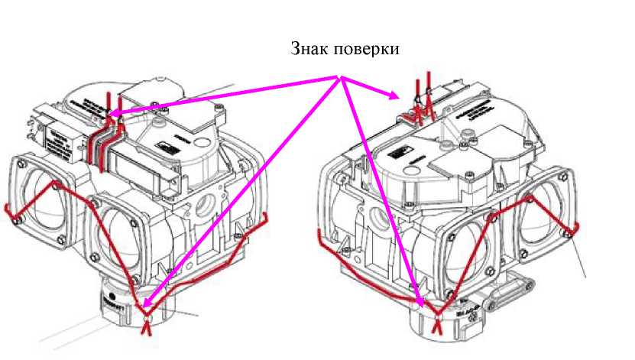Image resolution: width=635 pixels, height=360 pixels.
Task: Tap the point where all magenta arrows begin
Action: click(x=342, y=76)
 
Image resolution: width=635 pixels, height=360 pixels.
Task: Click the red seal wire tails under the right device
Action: click(x=438, y=326)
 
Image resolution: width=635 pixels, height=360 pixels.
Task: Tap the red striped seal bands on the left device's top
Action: click(x=102, y=142)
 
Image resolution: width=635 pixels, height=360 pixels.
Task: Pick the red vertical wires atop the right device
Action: click(x=422, y=96)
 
